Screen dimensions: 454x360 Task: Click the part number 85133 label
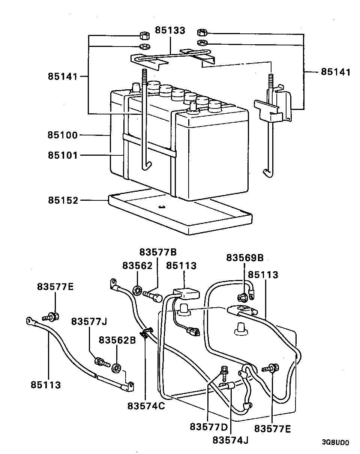[170, 31]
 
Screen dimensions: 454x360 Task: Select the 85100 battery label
[62, 135]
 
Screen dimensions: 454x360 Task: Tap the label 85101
[62, 155]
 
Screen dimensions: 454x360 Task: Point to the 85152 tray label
[62, 200]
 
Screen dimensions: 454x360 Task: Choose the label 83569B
[245, 258]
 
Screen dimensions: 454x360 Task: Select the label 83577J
[89, 322]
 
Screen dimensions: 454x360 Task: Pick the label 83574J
[230, 440]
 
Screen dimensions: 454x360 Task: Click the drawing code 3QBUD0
[335, 442]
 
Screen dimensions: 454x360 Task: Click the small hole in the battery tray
[162, 206]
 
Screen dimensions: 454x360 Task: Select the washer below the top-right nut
[203, 42]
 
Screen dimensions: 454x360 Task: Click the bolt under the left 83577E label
[52, 317]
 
